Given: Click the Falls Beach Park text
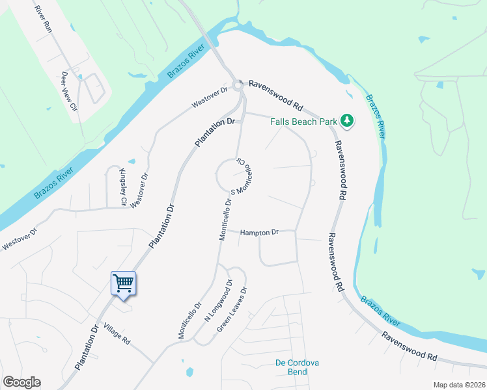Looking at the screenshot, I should pos(304,122).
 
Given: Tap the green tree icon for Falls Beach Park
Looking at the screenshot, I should pos(348,120).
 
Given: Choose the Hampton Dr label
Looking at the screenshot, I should pos(259,232).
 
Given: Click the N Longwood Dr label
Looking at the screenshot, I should pos(218,300).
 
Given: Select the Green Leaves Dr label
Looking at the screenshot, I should pos(232,310).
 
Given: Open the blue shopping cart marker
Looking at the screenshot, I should pos(123,283).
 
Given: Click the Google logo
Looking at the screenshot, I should pos(21,382).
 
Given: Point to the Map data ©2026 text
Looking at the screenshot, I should pos(459,385).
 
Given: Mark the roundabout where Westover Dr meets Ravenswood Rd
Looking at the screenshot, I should pos(239,84).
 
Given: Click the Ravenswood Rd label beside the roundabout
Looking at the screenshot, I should pos(276,95).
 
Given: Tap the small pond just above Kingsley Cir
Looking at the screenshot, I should pos(132,161).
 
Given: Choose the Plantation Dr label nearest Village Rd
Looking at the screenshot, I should pos(89,347).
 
